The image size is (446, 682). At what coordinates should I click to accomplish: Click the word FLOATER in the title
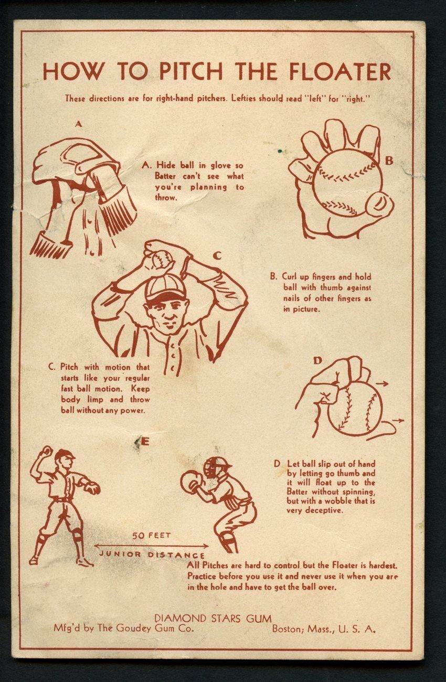[340, 71]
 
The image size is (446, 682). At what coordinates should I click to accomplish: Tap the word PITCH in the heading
[191, 71]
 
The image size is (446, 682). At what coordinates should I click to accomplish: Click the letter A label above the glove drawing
[79, 124]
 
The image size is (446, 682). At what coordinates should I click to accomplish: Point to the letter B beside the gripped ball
[389, 161]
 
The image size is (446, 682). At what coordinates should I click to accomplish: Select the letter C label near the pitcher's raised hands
[217, 257]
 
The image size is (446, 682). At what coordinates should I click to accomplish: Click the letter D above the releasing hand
[317, 361]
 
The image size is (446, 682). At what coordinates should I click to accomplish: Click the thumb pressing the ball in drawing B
[379, 204]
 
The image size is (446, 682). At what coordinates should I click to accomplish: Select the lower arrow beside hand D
[398, 421]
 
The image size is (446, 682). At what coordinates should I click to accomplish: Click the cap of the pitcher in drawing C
[166, 287]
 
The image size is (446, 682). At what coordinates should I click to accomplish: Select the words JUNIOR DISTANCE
[152, 555]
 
